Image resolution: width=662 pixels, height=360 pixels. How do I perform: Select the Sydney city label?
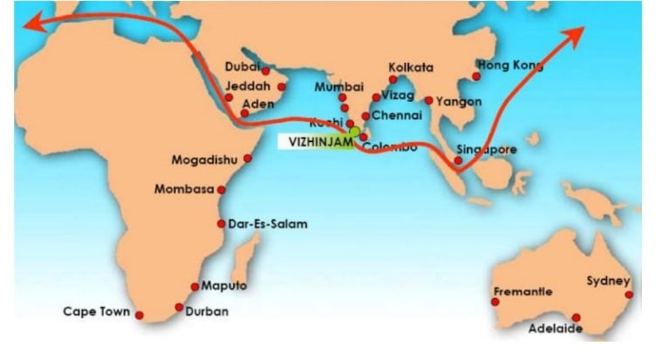607,281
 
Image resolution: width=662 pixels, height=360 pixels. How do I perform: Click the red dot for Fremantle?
495,302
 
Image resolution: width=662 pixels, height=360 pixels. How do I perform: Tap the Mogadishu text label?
208,161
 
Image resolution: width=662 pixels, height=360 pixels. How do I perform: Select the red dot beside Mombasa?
222,189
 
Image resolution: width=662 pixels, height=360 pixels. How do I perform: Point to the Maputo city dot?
194,287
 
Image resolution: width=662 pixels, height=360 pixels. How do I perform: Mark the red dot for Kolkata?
393,79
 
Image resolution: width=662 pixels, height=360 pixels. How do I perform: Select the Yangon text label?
459,101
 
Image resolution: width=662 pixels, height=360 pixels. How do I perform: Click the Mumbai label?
338,87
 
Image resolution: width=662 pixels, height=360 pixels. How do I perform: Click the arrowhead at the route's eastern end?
578,32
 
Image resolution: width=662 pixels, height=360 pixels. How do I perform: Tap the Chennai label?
396,115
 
